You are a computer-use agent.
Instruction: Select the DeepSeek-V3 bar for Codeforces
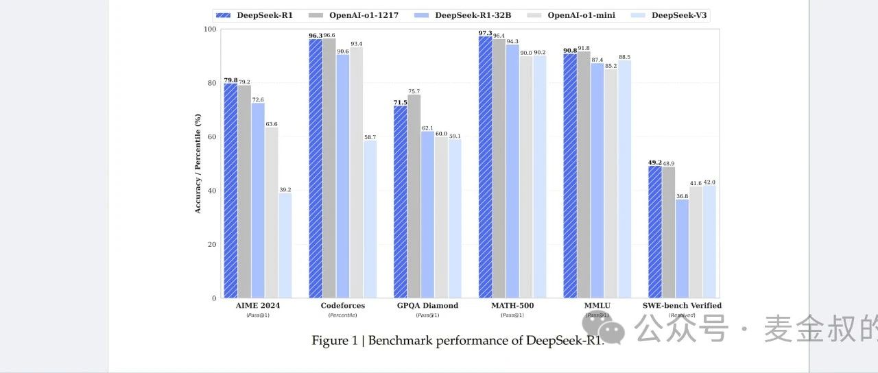370,219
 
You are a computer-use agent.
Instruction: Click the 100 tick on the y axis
209,29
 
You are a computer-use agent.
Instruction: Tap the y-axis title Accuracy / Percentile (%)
198,163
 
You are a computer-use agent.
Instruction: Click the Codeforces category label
343,306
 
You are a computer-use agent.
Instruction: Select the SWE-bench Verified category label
682,306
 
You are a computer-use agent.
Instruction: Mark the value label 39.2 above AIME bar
285,189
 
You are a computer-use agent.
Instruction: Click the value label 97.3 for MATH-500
485,32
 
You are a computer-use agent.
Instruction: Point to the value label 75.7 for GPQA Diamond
414,91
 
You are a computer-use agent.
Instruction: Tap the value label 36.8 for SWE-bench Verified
682,196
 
